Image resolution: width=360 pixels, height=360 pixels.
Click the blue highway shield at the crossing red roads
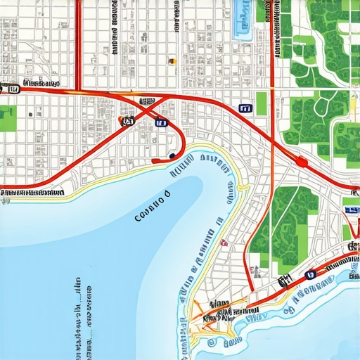(x=162, y=123)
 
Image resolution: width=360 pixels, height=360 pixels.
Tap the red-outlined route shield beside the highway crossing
(x=127, y=121)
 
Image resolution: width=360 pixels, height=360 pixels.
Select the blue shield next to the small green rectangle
(x=244, y=108)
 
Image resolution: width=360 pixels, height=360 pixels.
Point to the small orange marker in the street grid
(x=172, y=62)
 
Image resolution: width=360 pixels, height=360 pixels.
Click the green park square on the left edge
(x=7, y=118)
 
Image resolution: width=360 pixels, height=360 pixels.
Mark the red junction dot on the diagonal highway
(x=302, y=162)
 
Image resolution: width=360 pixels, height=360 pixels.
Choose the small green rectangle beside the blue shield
(x=262, y=103)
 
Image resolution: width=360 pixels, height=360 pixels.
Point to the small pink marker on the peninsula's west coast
(x=224, y=243)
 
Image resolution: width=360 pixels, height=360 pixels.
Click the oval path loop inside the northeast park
(x=323, y=105)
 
